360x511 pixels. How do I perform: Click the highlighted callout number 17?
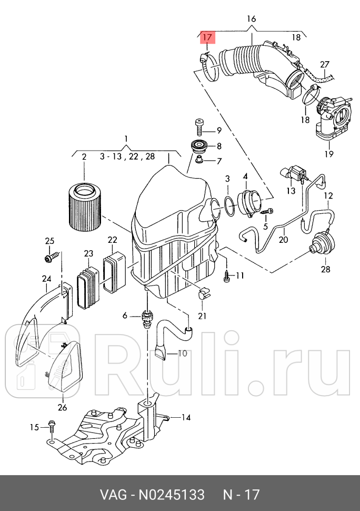[x=207, y=37]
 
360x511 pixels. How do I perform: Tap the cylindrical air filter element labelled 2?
[x=84, y=205]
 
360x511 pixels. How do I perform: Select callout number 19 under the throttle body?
[x=329, y=154]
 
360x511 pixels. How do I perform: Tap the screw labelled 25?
[x=51, y=258]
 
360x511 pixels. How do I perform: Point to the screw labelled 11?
[x=227, y=276]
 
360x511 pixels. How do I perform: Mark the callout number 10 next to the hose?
[x=182, y=353]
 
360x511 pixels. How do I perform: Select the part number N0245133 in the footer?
[x=171, y=495]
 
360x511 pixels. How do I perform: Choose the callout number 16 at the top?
[x=251, y=19]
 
